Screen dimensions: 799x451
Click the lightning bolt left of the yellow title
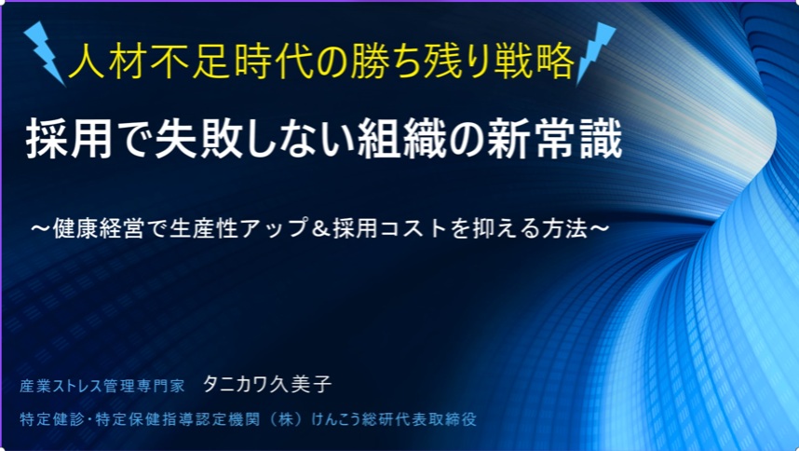(45, 53)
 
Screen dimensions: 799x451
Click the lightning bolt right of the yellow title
(595, 52)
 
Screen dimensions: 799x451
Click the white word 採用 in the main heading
(69, 139)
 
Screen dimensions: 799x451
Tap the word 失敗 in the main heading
(199, 139)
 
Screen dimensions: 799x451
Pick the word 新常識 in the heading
(555, 139)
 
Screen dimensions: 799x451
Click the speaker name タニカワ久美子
(267, 384)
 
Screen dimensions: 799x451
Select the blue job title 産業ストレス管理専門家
(102, 386)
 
